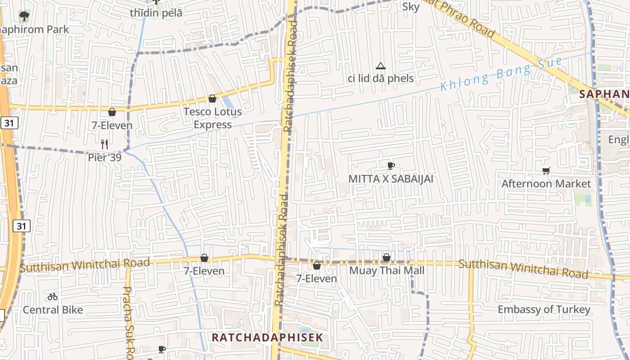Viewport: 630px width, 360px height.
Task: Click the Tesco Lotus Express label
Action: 212,118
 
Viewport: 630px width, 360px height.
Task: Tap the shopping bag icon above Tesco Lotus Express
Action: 212,99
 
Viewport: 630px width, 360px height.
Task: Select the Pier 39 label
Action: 104,157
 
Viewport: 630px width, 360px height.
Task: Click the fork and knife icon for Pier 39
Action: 104,144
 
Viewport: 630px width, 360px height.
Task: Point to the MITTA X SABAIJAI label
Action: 391,179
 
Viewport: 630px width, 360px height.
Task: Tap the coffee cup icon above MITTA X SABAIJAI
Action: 391,166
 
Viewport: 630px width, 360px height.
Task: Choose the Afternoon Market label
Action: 546,184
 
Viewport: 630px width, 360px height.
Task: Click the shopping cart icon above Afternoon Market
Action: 546,171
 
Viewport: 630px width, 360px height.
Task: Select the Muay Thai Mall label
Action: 387,270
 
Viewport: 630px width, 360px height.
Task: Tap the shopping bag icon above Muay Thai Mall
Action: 386,257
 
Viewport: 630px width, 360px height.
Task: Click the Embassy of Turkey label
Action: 544,310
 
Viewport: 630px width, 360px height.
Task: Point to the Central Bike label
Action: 53,310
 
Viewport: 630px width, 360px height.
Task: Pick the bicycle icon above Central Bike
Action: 53,297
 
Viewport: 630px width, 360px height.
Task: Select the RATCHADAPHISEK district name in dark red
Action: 267,337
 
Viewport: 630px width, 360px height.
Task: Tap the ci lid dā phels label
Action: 381,79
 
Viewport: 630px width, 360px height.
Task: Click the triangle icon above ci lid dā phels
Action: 381,66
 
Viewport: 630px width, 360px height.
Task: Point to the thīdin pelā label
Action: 156,13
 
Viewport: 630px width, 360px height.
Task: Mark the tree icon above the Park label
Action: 23,16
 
